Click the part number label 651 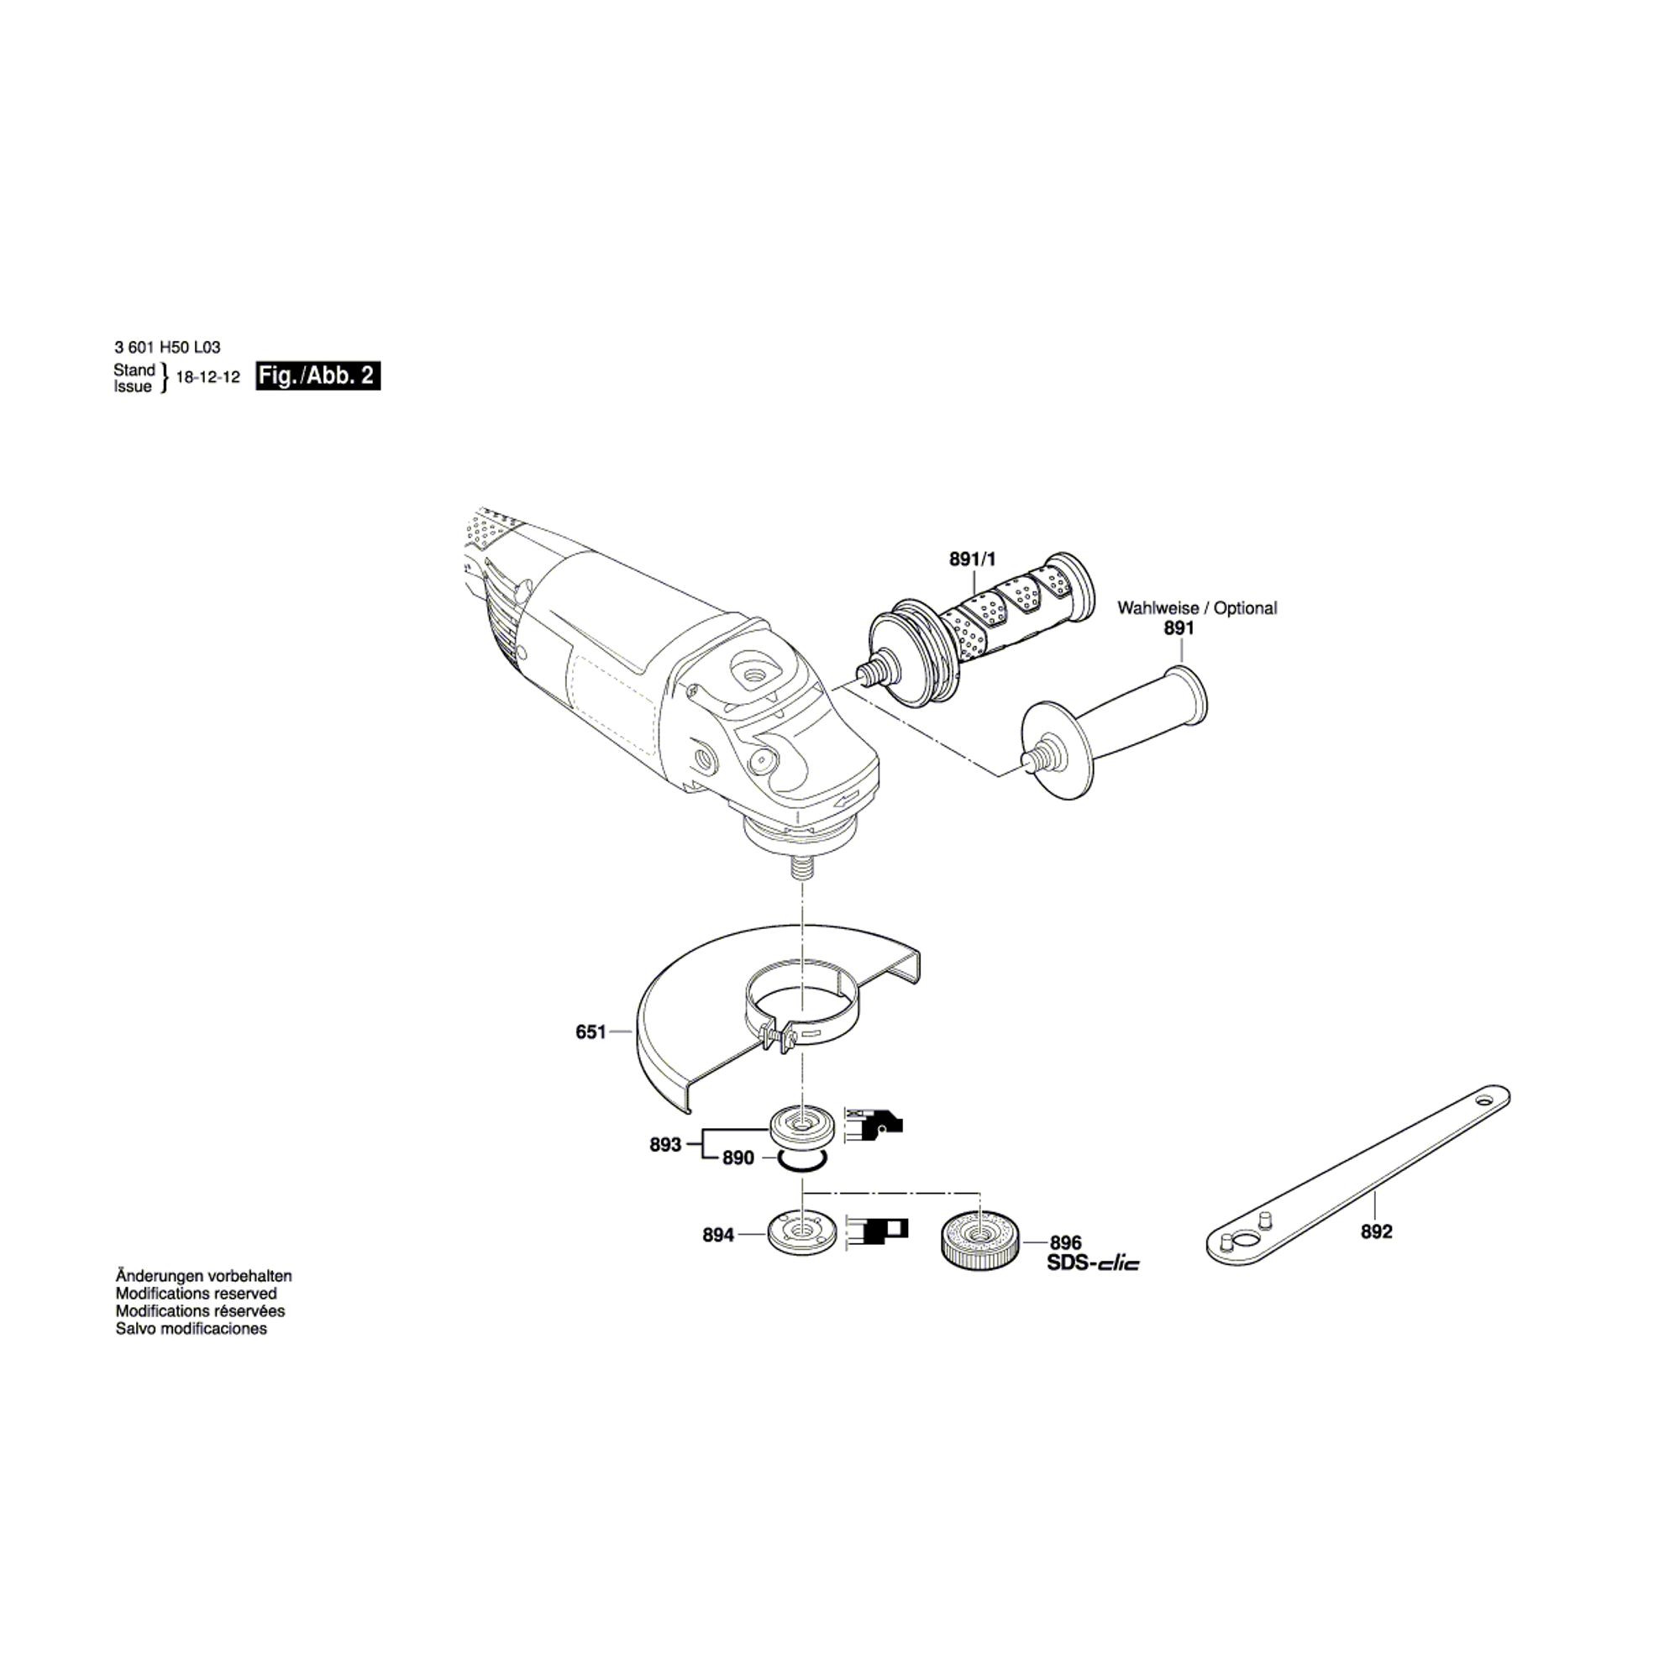coord(591,1032)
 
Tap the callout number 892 coord(1377,1232)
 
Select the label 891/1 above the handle coord(974,560)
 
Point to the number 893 coord(665,1145)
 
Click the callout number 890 coord(738,1159)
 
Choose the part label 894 coord(718,1235)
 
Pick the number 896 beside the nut coord(1065,1243)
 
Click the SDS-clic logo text coord(1093,1263)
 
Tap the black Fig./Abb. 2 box coord(318,375)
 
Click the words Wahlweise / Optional coord(1197,609)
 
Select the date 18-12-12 coord(207,378)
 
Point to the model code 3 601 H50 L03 coord(167,347)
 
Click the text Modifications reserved coord(197,1294)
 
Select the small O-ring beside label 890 coord(802,1158)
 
